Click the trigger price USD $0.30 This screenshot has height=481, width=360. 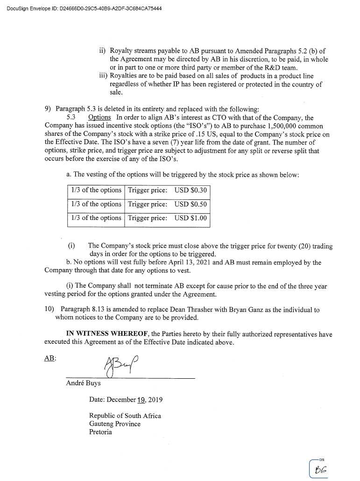[191, 191]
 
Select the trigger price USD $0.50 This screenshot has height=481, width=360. [191, 205]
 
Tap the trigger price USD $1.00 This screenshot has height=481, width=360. [191, 218]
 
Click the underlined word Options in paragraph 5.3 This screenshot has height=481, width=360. [99, 117]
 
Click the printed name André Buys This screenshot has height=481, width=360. [83, 383]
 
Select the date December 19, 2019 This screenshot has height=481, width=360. [126, 400]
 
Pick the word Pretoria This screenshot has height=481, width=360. [100, 432]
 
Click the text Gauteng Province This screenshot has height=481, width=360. [114, 424]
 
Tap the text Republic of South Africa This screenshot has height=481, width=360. [125, 416]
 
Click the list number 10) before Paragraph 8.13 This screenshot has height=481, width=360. [49, 310]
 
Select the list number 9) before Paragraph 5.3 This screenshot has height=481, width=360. [49, 109]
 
